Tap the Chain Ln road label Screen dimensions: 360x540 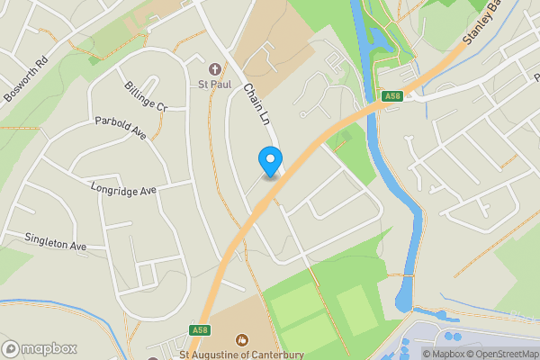tap(256, 104)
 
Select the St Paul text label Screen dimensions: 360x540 tap(215, 85)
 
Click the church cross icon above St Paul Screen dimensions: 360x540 tap(215, 69)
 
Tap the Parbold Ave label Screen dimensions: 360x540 tap(120, 128)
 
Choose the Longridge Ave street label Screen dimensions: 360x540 tap(123, 189)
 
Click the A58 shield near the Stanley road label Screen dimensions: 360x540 tap(391, 96)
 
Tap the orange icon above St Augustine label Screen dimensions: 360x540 tap(241, 339)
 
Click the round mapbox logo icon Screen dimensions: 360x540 tap(12, 348)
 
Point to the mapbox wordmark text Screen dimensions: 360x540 tap(50, 348)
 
